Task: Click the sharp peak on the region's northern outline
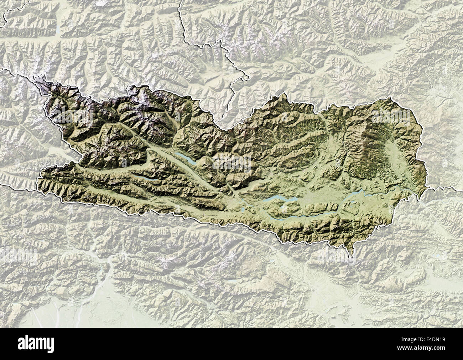tap(284, 94)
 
